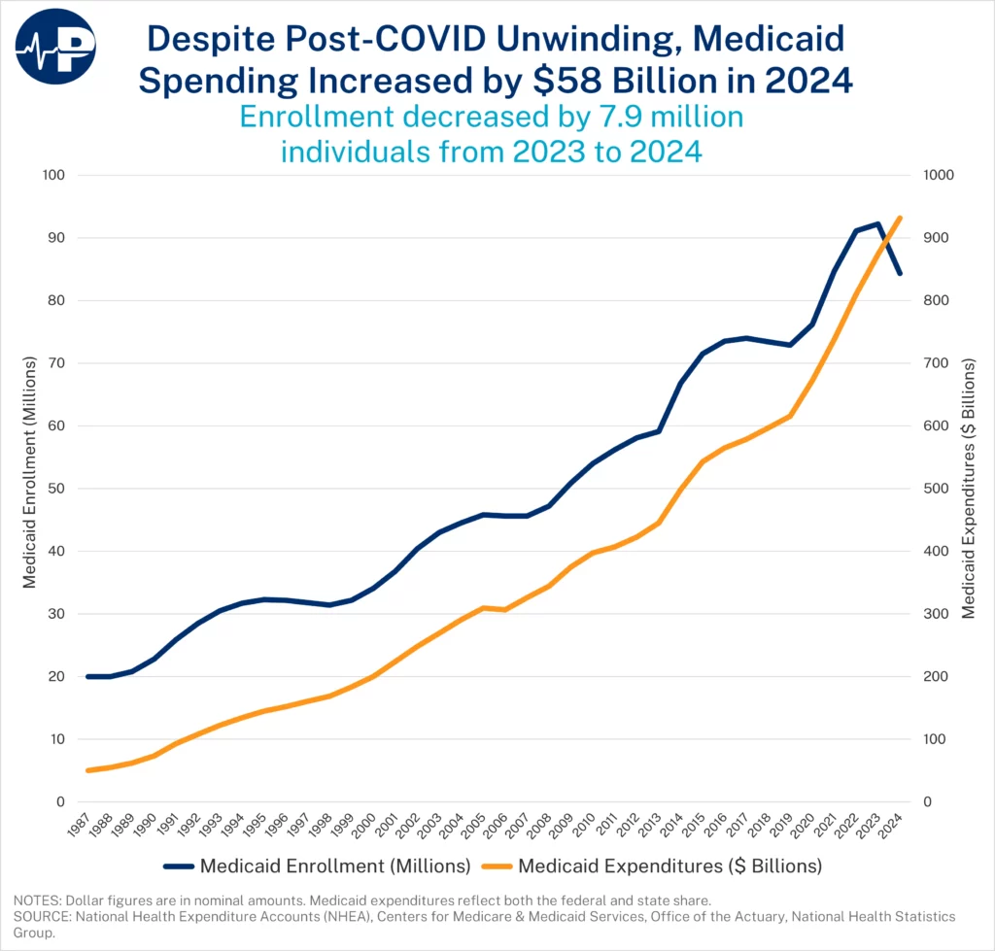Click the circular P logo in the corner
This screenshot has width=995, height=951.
click(55, 45)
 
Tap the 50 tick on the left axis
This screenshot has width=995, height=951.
click(51, 489)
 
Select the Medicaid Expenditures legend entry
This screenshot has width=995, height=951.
click(656, 865)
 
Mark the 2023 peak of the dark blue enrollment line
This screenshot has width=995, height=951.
click(877, 224)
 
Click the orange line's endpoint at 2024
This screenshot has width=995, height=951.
click(900, 218)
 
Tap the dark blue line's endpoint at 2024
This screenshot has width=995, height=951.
click(900, 274)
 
